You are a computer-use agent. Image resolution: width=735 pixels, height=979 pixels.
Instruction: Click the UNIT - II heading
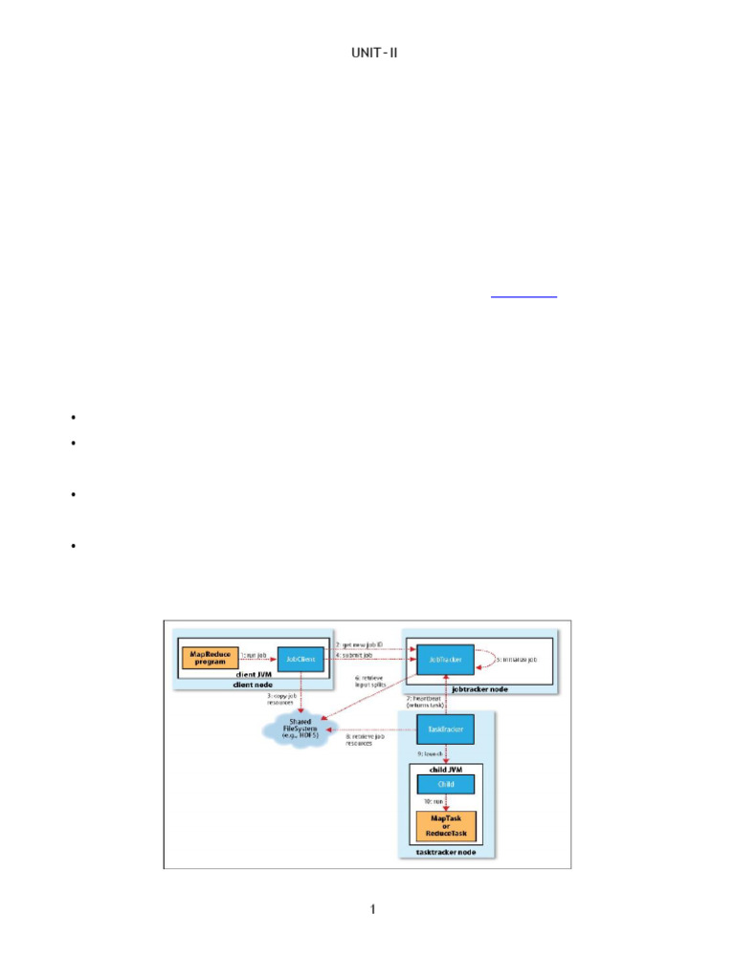(x=374, y=51)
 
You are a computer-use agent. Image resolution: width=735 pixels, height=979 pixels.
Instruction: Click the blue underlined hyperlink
(x=523, y=296)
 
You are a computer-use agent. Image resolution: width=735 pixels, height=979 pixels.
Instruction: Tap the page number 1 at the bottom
(x=373, y=908)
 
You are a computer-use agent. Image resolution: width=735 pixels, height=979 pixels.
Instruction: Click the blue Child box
(x=443, y=784)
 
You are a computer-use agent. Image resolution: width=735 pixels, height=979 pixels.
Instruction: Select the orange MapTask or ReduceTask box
(x=443, y=824)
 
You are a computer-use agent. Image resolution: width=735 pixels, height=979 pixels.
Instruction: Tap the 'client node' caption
(x=254, y=685)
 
